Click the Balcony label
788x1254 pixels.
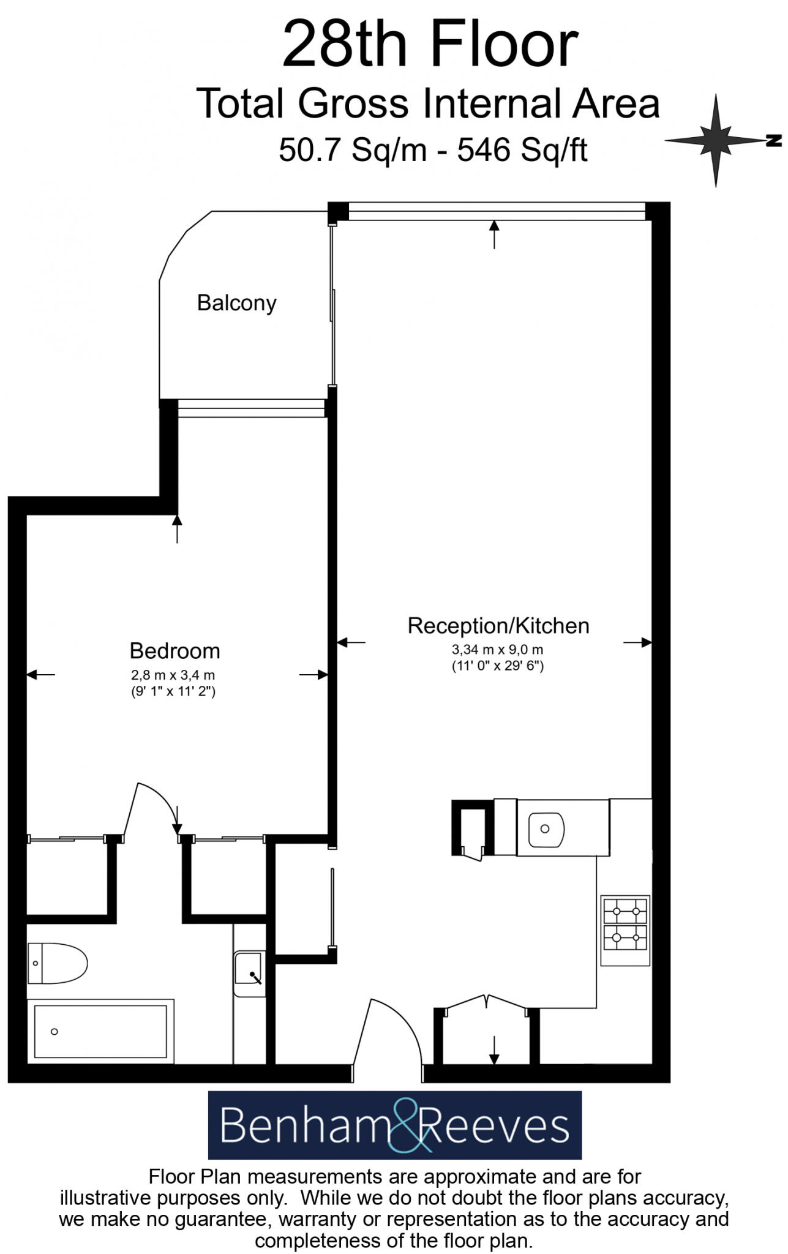tap(236, 303)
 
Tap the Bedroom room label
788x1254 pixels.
tap(174, 650)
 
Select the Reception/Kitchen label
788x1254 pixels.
tap(498, 626)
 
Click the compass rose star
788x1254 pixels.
tap(715, 140)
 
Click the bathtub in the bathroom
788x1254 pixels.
tap(100, 1032)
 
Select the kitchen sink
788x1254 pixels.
tap(546, 829)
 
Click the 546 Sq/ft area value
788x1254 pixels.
tap(522, 149)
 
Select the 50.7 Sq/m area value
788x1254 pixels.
tap(353, 149)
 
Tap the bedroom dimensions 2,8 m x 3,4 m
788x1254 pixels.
tap(173, 675)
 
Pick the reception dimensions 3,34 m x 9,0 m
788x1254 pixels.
tap(497, 650)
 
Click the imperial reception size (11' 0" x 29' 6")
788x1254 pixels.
tap(497, 666)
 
